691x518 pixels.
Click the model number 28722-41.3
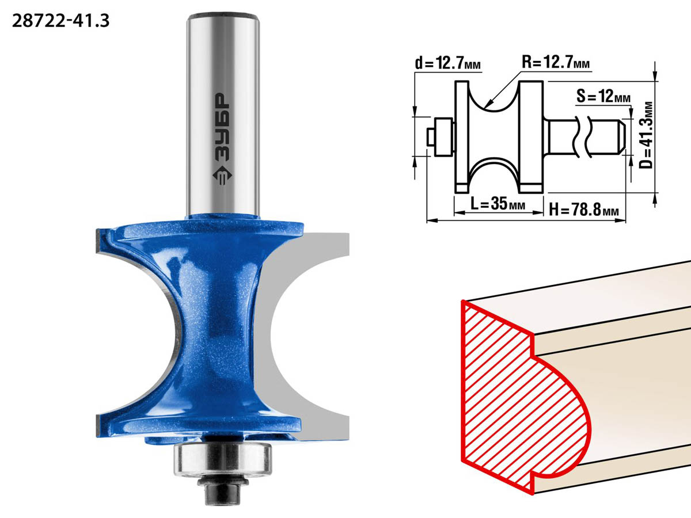(x=61, y=21)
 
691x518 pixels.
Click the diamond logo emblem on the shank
(x=222, y=176)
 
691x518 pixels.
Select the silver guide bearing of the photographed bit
(x=223, y=460)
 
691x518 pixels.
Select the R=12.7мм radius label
(x=556, y=62)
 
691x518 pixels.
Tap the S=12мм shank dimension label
(x=603, y=96)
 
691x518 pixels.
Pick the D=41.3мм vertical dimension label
(x=646, y=135)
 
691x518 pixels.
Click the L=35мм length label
(x=498, y=204)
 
